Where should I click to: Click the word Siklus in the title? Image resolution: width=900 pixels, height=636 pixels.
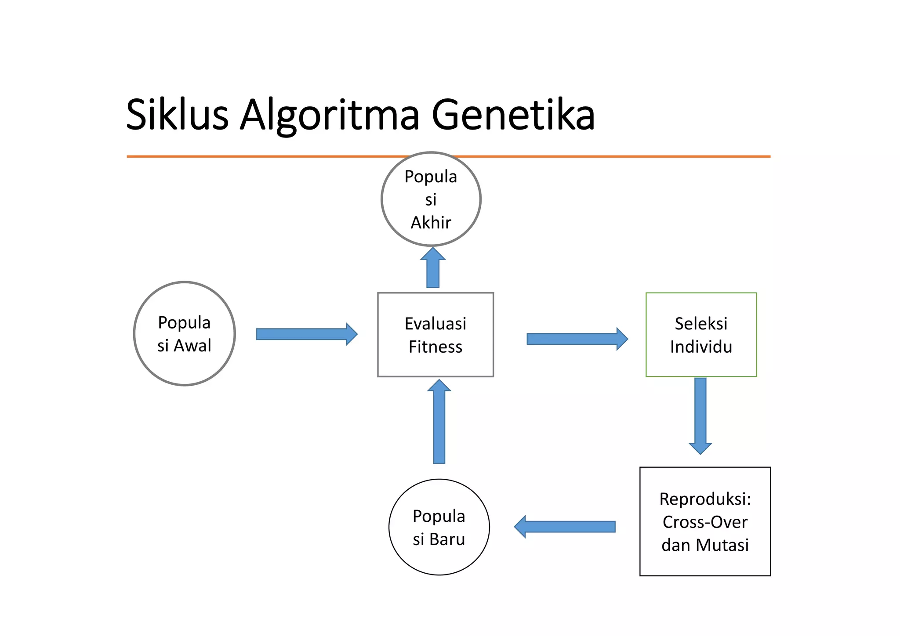pyautogui.click(x=177, y=115)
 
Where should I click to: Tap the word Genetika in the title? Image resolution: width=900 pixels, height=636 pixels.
pyautogui.click(x=513, y=115)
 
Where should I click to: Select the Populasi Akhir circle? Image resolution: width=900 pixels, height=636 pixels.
pyautogui.click(x=431, y=199)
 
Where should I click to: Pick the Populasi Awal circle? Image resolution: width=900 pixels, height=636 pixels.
pyautogui.click(x=185, y=334)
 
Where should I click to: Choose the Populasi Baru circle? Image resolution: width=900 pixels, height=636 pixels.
pyautogui.click(x=439, y=527)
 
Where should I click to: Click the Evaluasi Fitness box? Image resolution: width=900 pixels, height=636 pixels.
pyautogui.click(x=435, y=335)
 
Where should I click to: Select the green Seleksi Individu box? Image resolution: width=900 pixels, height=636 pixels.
pyautogui.click(x=701, y=335)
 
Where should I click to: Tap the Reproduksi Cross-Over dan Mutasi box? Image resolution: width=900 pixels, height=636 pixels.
pyautogui.click(x=705, y=521)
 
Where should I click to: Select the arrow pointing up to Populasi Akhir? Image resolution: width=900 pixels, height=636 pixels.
pyautogui.click(x=433, y=268)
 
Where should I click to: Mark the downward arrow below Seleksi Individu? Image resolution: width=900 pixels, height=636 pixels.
pyautogui.click(x=700, y=415)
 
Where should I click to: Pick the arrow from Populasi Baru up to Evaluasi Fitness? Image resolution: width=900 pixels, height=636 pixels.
pyautogui.click(x=439, y=422)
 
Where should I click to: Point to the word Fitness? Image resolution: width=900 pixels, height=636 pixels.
pyautogui.click(x=435, y=347)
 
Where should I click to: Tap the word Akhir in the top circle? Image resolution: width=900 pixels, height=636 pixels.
pyautogui.click(x=431, y=223)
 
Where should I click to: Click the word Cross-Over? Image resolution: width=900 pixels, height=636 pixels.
pyautogui.click(x=705, y=522)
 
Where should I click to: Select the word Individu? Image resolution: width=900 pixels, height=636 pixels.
pyautogui.click(x=701, y=347)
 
